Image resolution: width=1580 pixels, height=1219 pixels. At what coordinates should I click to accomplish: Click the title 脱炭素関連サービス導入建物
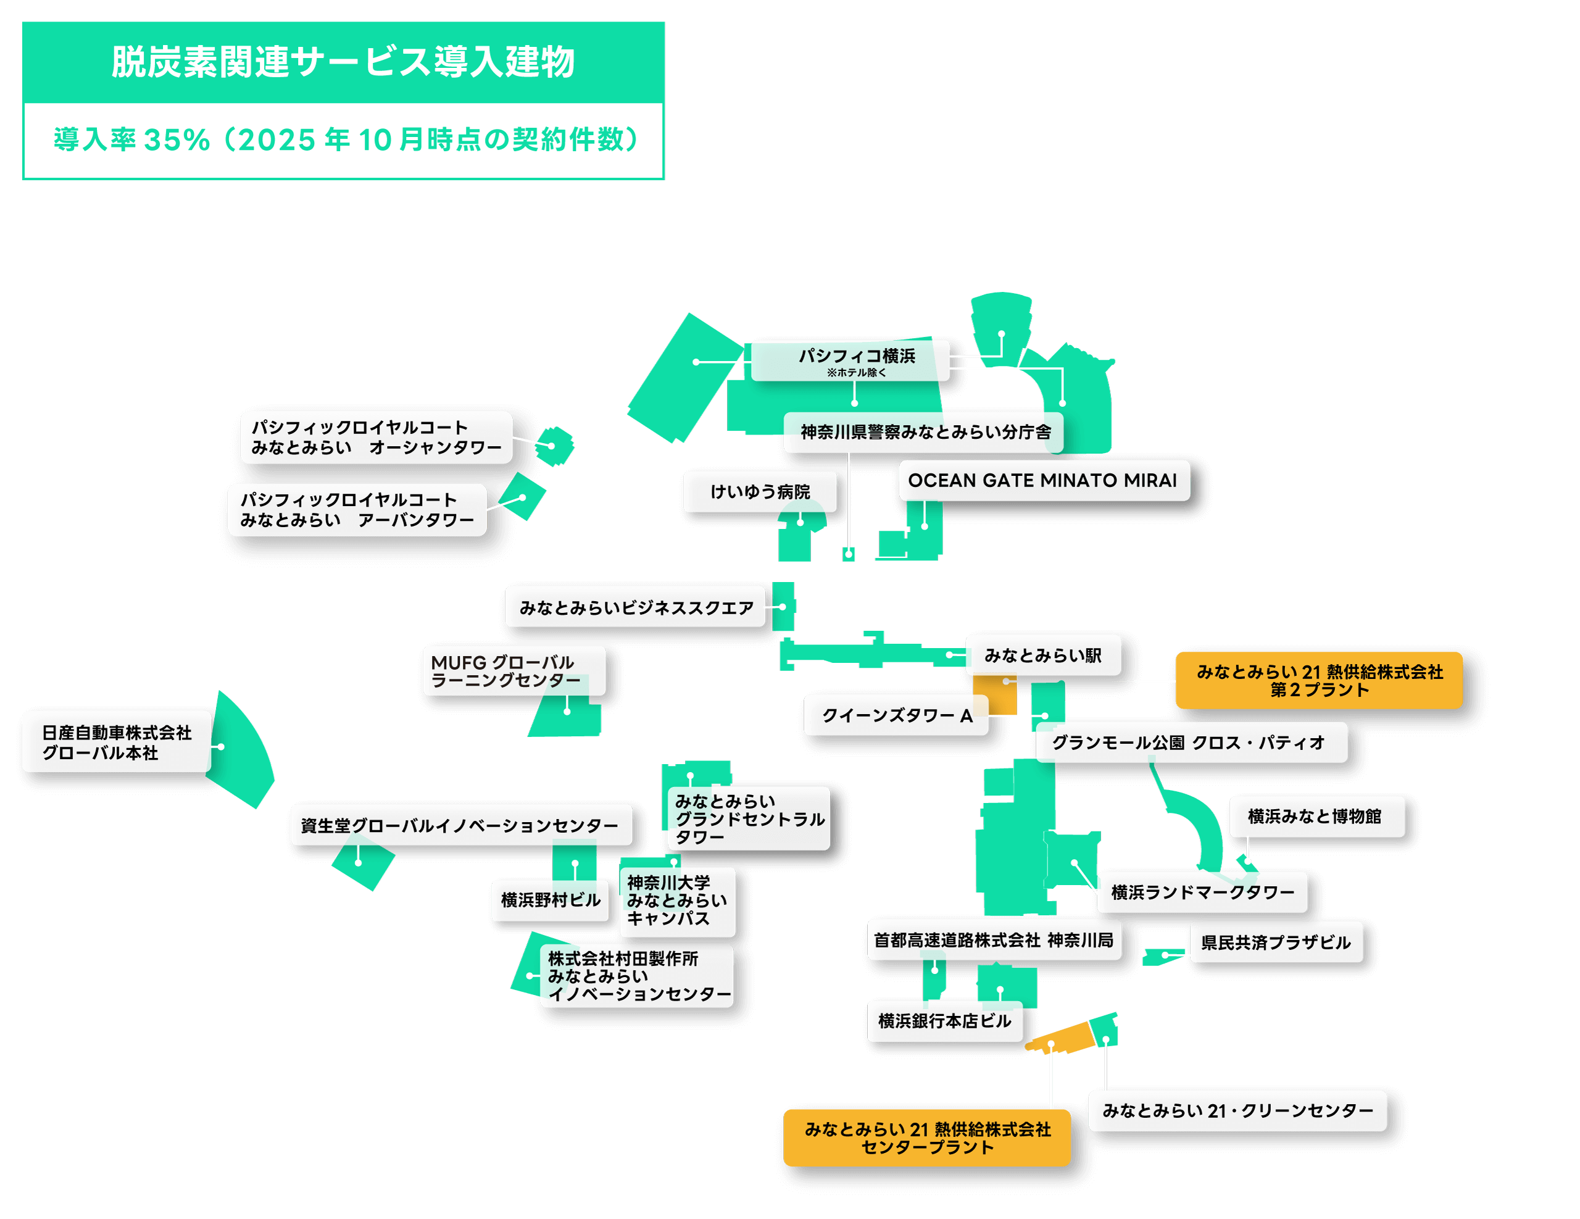click(x=343, y=62)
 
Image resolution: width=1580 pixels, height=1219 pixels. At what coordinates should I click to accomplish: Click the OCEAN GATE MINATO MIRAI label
click(x=1043, y=480)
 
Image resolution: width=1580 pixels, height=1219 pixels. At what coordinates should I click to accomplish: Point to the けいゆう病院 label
click(x=760, y=492)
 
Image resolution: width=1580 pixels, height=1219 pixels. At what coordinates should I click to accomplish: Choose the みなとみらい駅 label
click(x=1042, y=655)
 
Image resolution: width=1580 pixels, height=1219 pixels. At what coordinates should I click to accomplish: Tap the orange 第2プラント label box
click(x=1319, y=681)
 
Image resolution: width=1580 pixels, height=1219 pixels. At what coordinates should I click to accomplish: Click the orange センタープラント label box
click(x=927, y=1138)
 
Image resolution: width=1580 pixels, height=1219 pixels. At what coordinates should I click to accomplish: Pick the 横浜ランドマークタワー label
click(x=1202, y=892)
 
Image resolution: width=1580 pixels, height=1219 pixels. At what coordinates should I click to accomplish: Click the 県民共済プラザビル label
click(x=1276, y=942)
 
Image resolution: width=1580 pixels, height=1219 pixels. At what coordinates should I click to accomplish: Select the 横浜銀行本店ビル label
click(x=944, y=1021)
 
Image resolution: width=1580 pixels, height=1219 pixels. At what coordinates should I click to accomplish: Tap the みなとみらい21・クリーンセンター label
click(x=1237, y=1111)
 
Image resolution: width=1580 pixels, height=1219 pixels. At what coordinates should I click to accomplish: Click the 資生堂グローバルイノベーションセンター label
click(x=460, y=825)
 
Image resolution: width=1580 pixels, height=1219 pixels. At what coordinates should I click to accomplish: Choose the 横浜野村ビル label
click(x=550, y=901)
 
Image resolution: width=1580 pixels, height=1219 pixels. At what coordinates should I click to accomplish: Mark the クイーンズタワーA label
click(x=896, y=715)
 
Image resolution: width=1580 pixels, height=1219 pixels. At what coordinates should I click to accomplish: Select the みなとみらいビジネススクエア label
click(x=635, y=607)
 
